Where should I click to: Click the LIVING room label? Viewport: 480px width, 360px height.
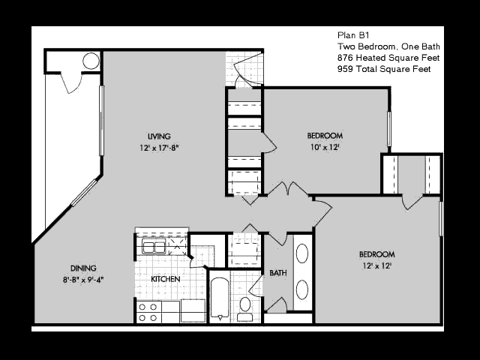(159, 136)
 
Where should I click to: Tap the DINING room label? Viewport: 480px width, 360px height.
(83, 268)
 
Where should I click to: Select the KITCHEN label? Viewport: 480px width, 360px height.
(166, 279)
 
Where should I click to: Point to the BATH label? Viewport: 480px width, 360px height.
(278, 273)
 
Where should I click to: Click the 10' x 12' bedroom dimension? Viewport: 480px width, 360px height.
(325, 147)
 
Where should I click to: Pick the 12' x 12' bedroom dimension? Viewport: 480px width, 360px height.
(376, 265)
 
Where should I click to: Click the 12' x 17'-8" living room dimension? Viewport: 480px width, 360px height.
(159, 148)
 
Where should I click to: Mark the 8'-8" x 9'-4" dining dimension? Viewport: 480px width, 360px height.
(83, 280)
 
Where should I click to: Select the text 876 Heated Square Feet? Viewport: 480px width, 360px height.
(388, 58)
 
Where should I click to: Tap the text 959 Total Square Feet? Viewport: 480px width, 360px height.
(384, 69)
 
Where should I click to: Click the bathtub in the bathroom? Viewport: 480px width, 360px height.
(220, 298)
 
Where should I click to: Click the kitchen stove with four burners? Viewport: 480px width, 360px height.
(148, 312)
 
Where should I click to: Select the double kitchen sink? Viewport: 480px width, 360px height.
(154, 247)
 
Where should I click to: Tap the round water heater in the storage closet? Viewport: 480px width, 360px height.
(91, 61)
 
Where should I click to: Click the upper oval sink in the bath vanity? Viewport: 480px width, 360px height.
(301, 253)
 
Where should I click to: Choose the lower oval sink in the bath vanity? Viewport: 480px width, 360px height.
(301, 289)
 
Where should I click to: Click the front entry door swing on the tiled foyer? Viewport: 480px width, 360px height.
(247, 70)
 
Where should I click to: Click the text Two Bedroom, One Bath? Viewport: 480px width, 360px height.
(388, 46)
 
